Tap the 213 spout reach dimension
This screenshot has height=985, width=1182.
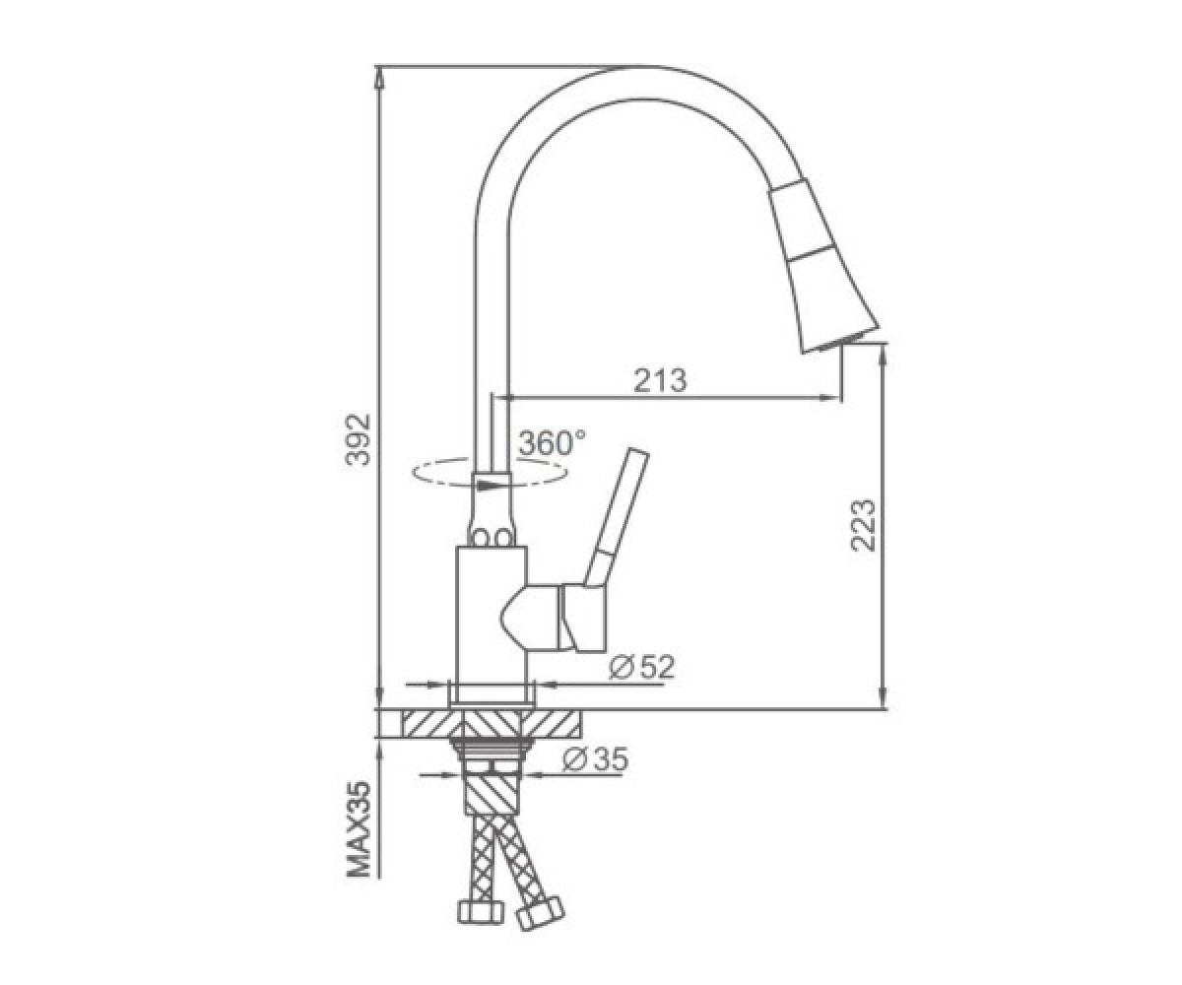point(660,380)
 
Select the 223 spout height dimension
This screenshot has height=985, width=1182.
point(863,525)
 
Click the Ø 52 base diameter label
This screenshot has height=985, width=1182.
point(642,668)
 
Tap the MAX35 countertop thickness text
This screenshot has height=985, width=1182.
point(358,829)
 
